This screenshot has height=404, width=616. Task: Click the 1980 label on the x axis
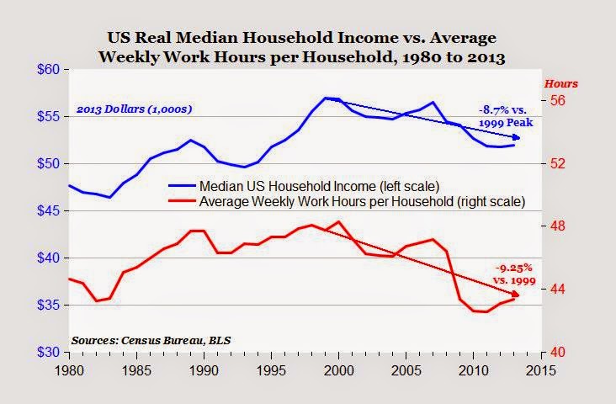pyautogui.click(x=68, y=370)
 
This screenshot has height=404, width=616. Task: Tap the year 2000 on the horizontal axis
pyautogui.click(x=338, y=370)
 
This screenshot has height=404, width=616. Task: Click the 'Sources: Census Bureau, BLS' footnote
pyautogui.click(x=151, y=340)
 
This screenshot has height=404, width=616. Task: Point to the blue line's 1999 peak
pyautogui.click(x=326, y=98)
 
